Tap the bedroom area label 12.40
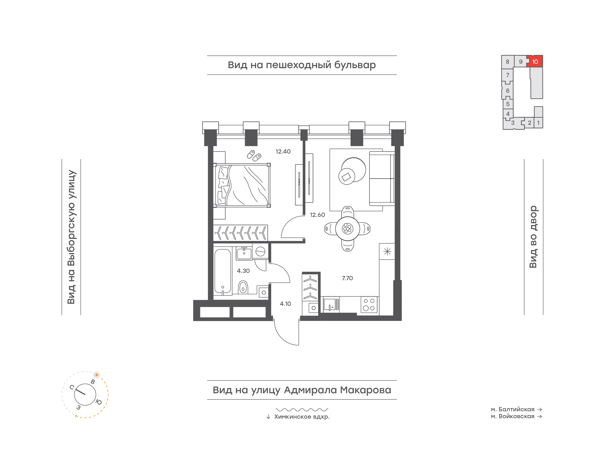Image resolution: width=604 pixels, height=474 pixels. point(283,151)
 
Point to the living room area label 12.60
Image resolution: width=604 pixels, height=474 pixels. point(317,215)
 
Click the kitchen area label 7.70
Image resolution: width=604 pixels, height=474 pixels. point(347,278)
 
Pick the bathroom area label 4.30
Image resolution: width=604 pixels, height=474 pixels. point(243,271)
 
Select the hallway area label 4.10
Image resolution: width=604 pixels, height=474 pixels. point(285,304)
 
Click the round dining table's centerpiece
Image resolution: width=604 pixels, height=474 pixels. point(347,229)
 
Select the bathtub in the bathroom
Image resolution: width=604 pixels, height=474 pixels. point(223,271)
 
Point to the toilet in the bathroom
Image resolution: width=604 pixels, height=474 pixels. point(243,287)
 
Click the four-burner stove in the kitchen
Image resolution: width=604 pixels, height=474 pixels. point(369,305)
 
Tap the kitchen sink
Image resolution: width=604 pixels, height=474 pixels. point(330,305)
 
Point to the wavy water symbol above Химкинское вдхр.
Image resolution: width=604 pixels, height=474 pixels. point(302,409)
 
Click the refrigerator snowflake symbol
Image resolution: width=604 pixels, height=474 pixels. point(387,251)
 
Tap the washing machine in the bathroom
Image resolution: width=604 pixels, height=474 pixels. point(260,251)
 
